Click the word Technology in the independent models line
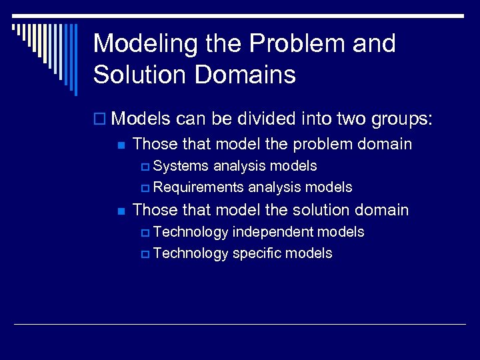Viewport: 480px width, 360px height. (190, 232)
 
